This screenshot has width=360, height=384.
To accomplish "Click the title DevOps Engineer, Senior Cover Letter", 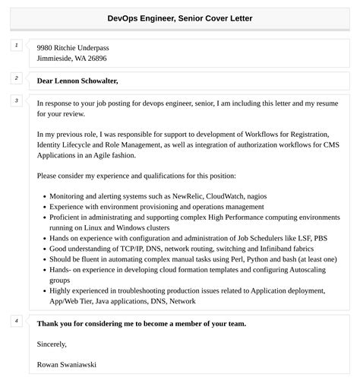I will [180, 17].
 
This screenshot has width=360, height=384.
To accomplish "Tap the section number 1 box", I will [17, 46].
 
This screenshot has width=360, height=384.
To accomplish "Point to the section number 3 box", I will [17, 100].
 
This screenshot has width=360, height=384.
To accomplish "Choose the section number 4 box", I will [17, 321].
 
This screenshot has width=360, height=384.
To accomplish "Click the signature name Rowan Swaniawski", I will [66, 364].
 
